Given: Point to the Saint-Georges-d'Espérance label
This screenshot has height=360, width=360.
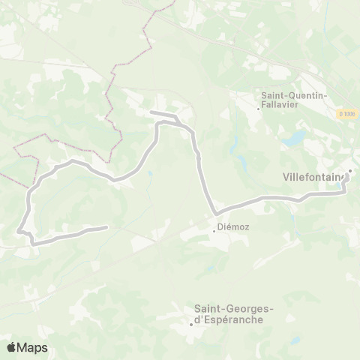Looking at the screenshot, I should click(x=233, y=313).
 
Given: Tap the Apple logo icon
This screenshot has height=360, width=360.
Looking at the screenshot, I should click(x=12, y=347).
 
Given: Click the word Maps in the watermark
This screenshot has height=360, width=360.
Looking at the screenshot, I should click(x=34, y=347).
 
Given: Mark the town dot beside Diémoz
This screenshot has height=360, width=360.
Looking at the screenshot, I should click(x=214, y=230).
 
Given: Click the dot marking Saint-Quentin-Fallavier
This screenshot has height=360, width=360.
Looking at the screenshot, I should click(x=258, y=109).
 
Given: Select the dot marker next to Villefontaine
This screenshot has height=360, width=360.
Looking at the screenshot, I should click(x=349, y=170).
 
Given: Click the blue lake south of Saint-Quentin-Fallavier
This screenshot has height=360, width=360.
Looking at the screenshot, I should click(x=295, y=139).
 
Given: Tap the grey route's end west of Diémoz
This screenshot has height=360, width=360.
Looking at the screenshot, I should click(x=106, y=227).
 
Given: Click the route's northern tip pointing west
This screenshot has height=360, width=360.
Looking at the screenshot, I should click(x=152, y=113).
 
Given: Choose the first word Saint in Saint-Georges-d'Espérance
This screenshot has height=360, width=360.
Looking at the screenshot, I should click(x=211, y=307).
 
